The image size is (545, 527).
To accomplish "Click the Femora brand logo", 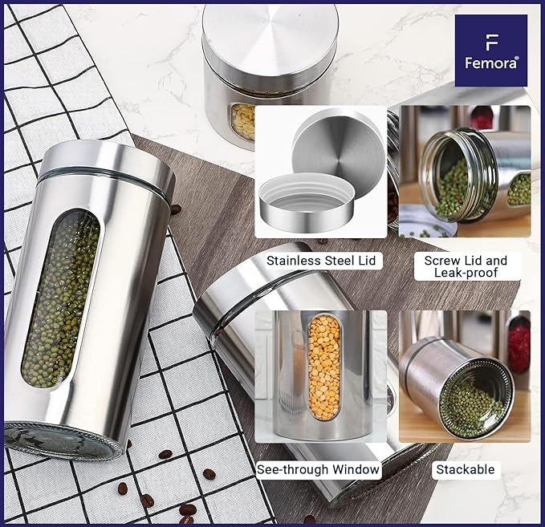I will (490, 51).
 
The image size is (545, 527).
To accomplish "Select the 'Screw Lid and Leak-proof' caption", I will (466, 266).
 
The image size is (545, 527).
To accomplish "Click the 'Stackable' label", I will (465, 470).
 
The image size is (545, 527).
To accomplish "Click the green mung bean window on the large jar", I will (61, 301).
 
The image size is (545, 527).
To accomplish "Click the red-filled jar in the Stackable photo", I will (519, 345).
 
